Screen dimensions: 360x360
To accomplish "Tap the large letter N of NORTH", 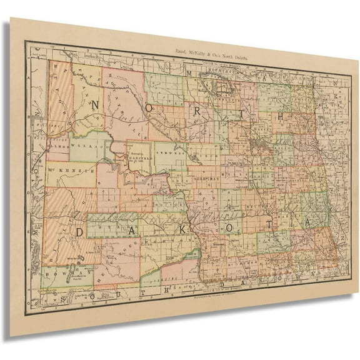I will tap(96, 106).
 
